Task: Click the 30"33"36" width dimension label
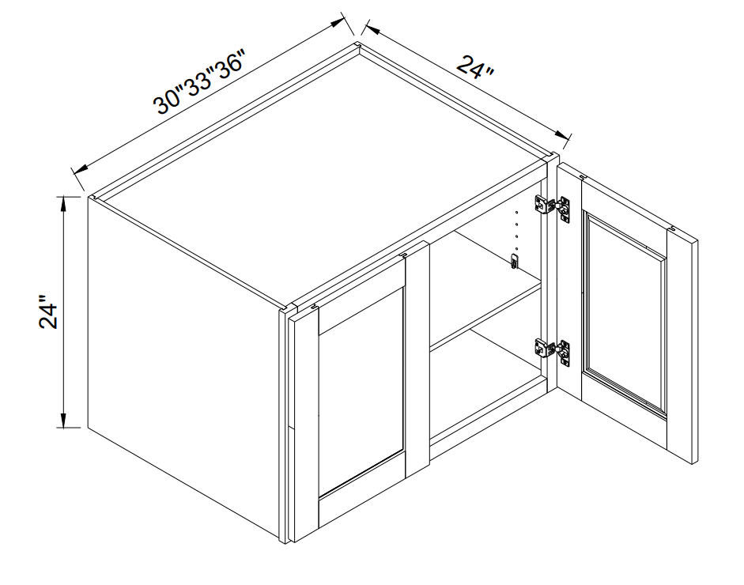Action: tap(200, 81)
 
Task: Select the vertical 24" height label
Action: tap(48, 313)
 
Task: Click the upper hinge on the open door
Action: tap(553, 208)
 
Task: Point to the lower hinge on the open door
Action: tap(553, 352)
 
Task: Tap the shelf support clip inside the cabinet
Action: tap(513, 262)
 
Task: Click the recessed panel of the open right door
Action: tap(625, 315)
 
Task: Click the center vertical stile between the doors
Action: tap(417, 357)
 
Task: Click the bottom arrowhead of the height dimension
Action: tap(63, 421)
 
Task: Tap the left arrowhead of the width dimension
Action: tap(80, 168)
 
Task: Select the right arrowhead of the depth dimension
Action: tap(561, 134)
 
